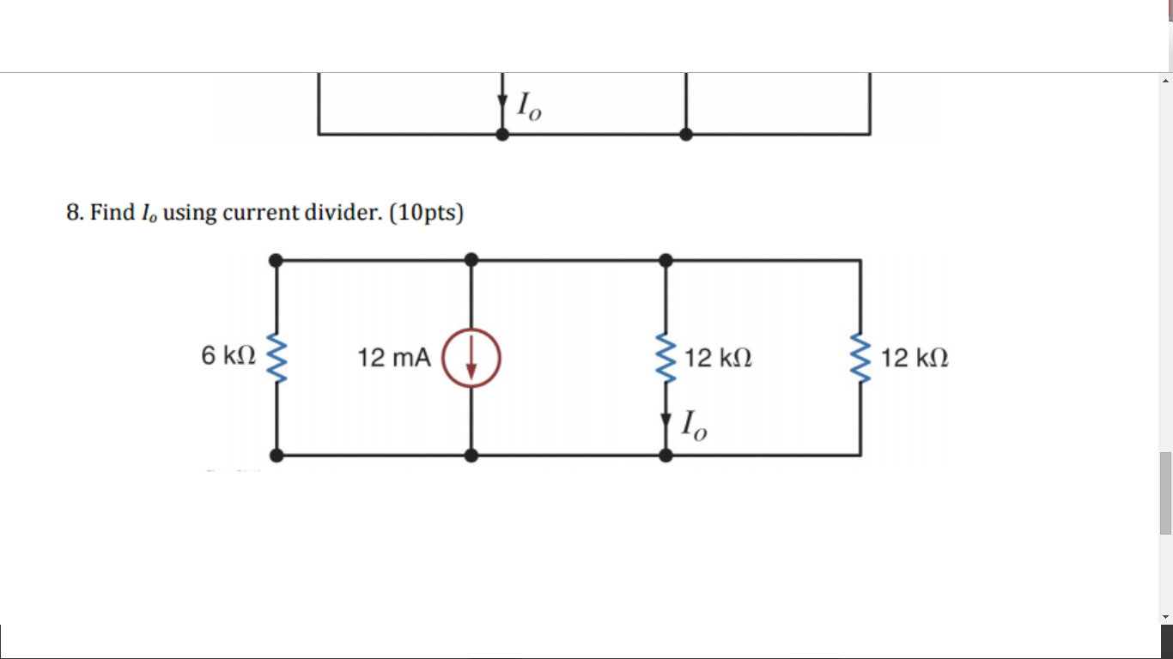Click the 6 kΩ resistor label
[x=228, y=356]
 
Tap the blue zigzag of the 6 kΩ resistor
[x=277, y=357]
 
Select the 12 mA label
[x=394, y=358]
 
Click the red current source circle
[x=471, y=358]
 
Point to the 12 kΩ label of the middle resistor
[x=719, y=358]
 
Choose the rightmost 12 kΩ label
[x=915, y=358]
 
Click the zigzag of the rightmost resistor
[x=860, y=357]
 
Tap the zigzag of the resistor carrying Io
[x=666, y=357]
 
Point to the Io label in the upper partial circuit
[x=529, y=106]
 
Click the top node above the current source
[x=471, y=260]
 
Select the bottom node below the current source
[x=471, y=456]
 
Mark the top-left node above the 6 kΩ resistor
[x=276, y=260]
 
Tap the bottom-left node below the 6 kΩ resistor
[x=276, y=456]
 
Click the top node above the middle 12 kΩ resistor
[x=666, y=260]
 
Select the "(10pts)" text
[x=426, y=212]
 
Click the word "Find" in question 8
[x=112, y=212]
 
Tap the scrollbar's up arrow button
[x=1165, y=81]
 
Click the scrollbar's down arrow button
[x=1165, y=616]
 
